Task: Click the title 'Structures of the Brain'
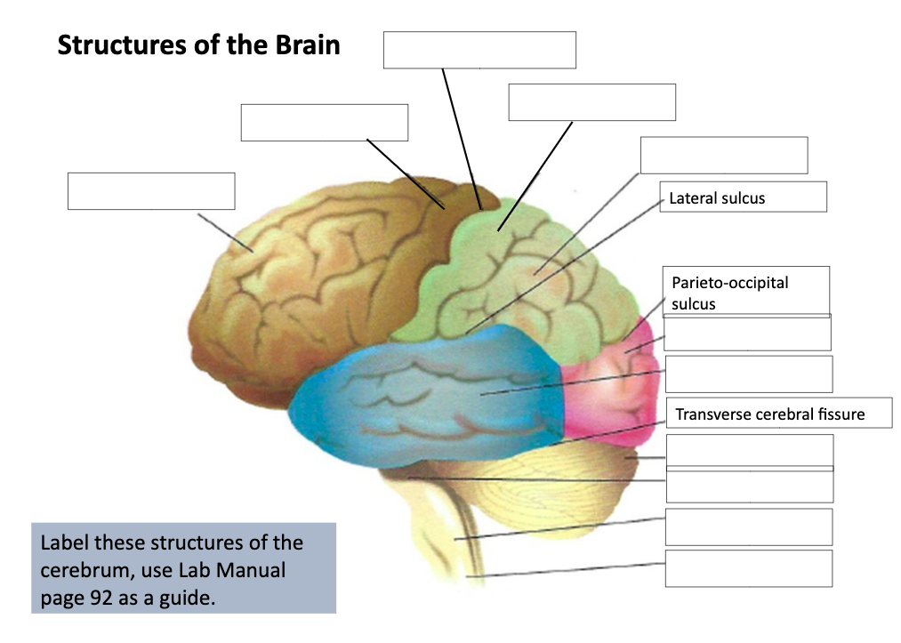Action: (x=198, y=45)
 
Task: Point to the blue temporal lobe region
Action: (x=427, y=391)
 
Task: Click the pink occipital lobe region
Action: (x=614, y=382)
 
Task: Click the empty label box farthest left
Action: (x=151, y=191)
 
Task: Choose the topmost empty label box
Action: (x=479, y=50)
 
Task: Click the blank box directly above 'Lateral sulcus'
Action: (x=723, y=155)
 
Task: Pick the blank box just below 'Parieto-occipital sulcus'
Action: (x=747, y=333)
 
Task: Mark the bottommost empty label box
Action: (x=748, y=568)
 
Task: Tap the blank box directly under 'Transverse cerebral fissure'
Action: (x=749, y=451)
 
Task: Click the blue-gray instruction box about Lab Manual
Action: (x=183, y=568)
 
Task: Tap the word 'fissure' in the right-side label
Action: (x=841, y=414)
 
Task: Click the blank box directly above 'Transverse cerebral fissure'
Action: (x=748, y=374)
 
